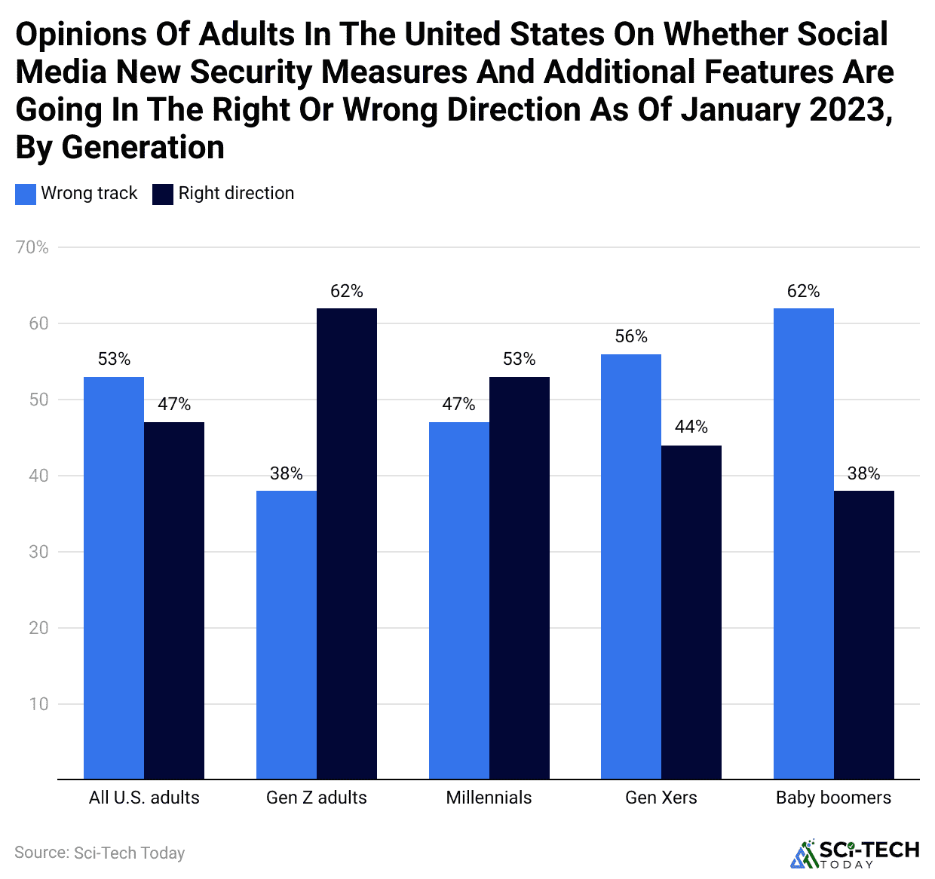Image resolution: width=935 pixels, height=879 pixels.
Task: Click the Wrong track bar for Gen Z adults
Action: pyautogui.click(x=287, y=635)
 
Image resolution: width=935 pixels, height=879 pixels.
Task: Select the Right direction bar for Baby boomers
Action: pyautogui.click(x=864, y=635)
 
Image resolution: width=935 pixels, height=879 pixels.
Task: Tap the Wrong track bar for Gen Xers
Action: pyautogui.click(x=631, y=566)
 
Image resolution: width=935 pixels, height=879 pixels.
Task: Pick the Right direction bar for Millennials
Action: pyautogui.click(x=520, y=577)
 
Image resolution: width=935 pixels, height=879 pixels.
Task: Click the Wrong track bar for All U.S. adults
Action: pyautogui.click(x=114, y=577)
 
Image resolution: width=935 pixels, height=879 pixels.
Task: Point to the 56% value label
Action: pyautogui.click(x=631, y=336)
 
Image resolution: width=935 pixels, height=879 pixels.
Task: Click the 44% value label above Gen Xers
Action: pyautogui.click(x=691, y=427)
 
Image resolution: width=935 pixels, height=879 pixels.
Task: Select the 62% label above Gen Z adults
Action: pyautogui.click(x=347, y=291)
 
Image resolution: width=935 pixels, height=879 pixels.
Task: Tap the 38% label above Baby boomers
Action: pyautogui.click(x=864, y=473)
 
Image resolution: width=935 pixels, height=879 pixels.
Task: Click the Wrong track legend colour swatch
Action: pyautogui.click(x=26, y=194)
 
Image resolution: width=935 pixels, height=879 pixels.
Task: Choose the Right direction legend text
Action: pyautogui.click(x=236, y=194)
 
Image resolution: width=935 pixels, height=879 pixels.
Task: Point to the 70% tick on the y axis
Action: pyautogui.click(x=32, y=247)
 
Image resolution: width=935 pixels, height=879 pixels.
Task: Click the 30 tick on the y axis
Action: pyautogui.click(x=38, y=552)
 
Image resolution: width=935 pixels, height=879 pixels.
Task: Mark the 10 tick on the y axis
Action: pyautogui.click(x=38, y=704)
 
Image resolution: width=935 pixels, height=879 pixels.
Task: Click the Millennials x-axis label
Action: pyautogui.click(x=489, y=798)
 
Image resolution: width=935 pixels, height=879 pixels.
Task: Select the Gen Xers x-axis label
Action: pyautogui.click(x=661, y=798)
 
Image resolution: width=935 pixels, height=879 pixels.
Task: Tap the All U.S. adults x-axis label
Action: pyautogui.click(x=144, y=798)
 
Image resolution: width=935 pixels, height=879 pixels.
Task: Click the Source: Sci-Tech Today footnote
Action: pyautogui.click(x=100, y=853)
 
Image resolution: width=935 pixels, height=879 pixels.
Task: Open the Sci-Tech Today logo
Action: pyautogui.click(x=855, y=853)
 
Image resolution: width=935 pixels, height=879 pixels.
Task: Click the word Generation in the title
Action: pyautogui.click(x=143, y=147)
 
